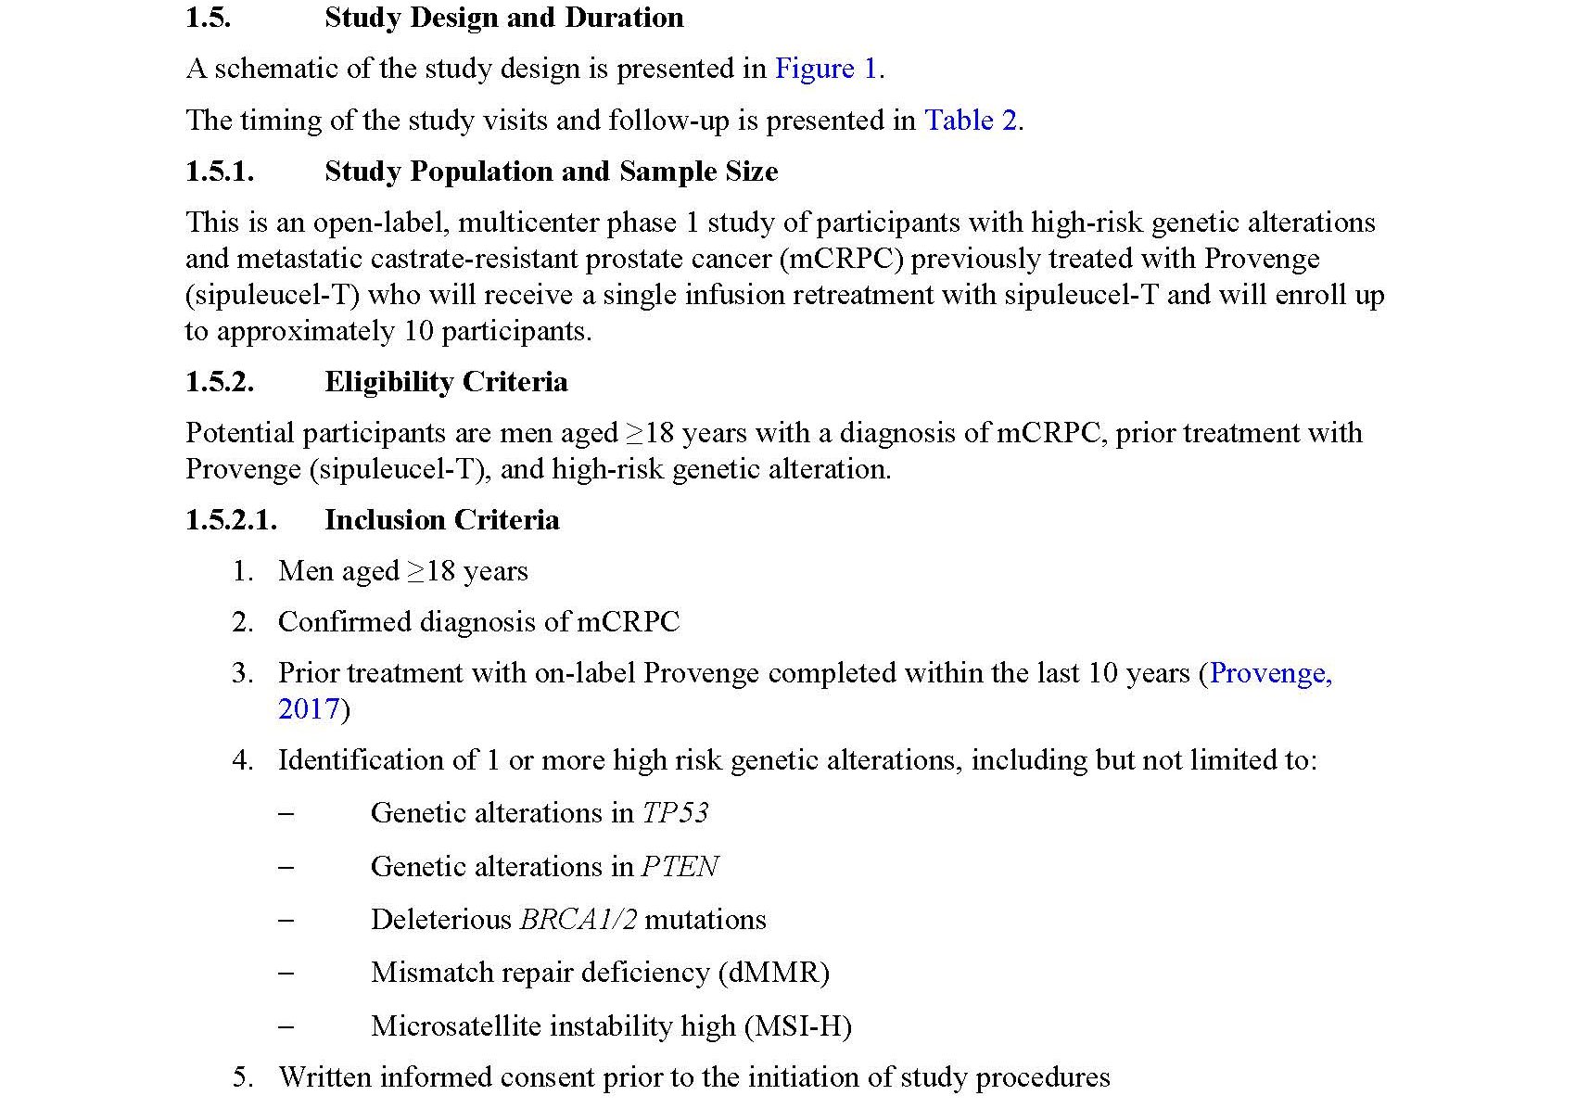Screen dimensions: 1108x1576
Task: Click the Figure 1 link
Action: (825, 69)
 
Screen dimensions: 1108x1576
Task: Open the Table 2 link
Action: (971, 121)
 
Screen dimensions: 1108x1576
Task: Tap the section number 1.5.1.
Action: (220, 172)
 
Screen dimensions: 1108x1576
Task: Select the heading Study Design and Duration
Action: (503, 18)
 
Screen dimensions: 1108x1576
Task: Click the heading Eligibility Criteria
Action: (446, 382)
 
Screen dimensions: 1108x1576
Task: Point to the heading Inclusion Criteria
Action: (441, 520)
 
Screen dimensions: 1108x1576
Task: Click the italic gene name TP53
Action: (675, 813)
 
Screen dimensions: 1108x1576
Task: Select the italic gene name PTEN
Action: (680, 867)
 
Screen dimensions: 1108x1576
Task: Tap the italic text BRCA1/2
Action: (578, 920)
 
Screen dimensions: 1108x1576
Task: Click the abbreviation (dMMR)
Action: (773, 973)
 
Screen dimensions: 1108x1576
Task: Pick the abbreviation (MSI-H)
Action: (797, 1026)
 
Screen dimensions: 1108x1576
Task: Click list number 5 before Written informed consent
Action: (242, 1077)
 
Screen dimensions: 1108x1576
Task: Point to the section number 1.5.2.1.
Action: (231, 520)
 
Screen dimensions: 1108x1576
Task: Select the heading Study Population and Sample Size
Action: (551, 172)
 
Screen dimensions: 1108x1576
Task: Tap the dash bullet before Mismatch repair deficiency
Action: (286, 973)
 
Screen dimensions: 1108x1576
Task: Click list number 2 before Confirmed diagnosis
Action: (242, 622)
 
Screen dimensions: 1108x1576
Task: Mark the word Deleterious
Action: (440, 920)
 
